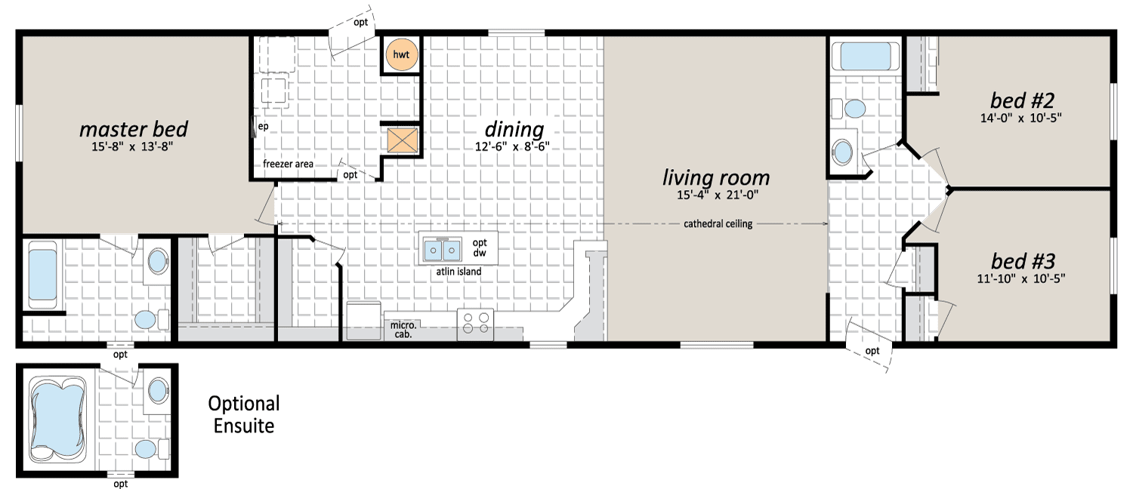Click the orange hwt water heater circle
coord(402,54)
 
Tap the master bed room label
coord(134,129)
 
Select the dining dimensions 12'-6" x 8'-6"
coord(512,147)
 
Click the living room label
coord(716,178)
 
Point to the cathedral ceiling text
coord(718,224)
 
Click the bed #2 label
coord(1022,101)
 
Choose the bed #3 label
coord(1023,262)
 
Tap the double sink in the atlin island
coord(443,250)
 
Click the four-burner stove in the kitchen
coord(475,323)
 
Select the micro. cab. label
coord(403,329)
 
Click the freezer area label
coord(288,165)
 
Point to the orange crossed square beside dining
coord(402,140)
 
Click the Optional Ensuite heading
coord(244,415)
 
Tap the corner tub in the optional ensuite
coord(57,420)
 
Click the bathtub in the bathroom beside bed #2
coord(865,56)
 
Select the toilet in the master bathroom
coord(150,319)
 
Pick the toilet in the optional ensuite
coord(151,449)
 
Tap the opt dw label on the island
coord(480,248)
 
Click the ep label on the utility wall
coord(263,126)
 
